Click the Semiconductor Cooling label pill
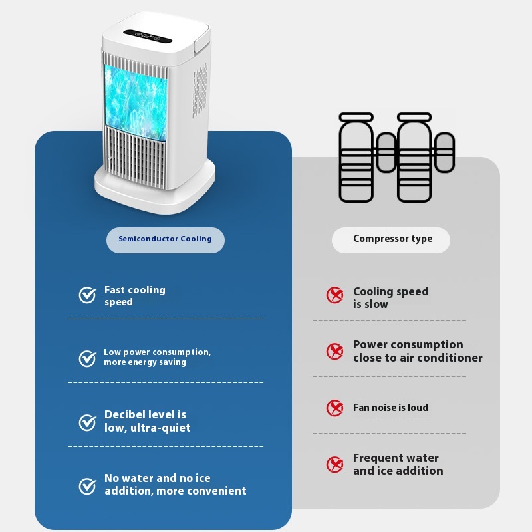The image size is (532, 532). [x=165, y=239]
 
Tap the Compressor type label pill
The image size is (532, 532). [x=392, y=239]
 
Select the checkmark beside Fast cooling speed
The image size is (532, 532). [x=88, y=295]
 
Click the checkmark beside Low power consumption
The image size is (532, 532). [x=88, y=358]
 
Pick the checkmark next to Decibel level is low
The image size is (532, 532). [x=88, y=422]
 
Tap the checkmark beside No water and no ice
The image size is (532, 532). [x=88, y=486]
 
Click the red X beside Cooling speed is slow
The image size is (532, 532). [x=335, y=295]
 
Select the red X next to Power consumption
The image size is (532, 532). [x=335, y=351]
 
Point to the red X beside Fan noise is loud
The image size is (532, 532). [x=335, y=408]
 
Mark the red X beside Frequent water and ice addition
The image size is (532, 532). [x=335, y=464]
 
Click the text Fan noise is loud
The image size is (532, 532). [x=390, y=408]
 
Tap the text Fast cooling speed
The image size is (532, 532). [x=135, y=296]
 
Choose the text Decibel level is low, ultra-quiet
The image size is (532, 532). [x=147, y=422]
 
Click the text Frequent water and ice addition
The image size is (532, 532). [x=398, y=464]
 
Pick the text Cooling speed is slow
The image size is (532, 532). [x=390, y=297]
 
